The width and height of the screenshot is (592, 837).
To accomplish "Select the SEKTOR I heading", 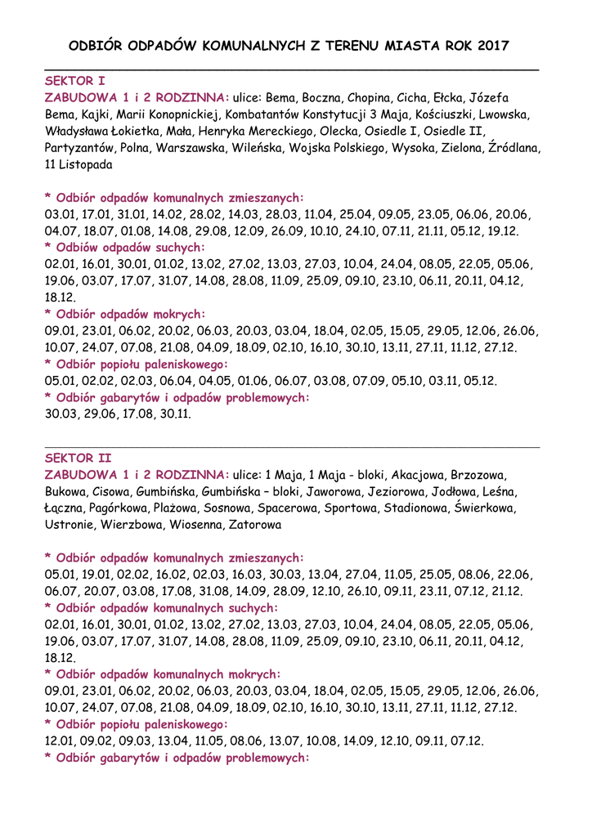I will pyautogui.click(x=74, y=81).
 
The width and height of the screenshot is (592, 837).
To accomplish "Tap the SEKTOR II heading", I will pyautogui.click(x=78, y=458).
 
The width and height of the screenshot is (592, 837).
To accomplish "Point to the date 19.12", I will pyautogui.click(x=505, y=231).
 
